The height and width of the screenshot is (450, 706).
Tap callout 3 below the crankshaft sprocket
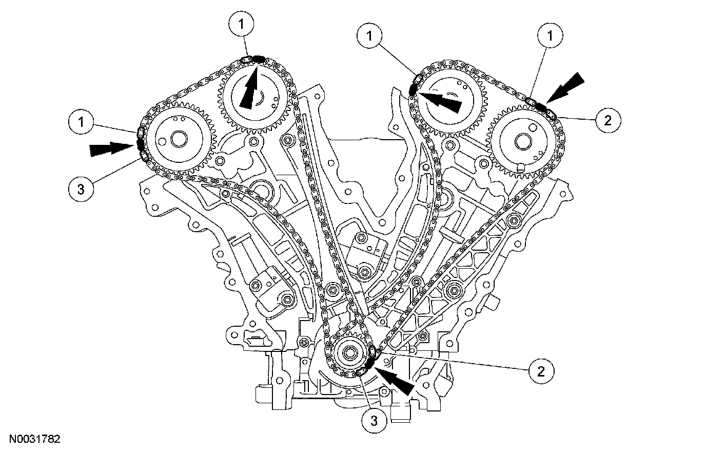(374, 421)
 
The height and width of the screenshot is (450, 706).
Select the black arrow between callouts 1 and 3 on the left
(110, 149)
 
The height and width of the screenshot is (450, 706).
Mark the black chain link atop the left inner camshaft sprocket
(258, 59)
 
